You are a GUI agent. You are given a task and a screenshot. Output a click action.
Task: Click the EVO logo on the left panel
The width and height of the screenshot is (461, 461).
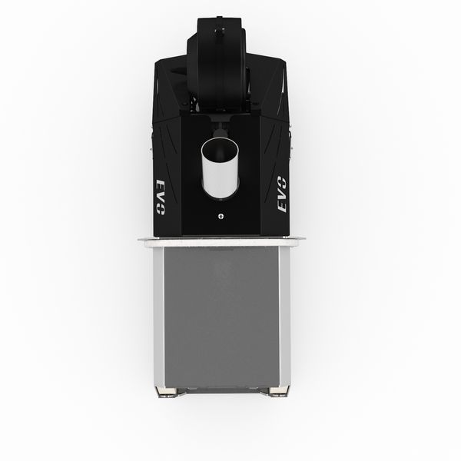tap(161, 197)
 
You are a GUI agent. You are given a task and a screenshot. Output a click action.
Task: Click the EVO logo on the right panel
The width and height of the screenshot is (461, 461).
tap(283, 194)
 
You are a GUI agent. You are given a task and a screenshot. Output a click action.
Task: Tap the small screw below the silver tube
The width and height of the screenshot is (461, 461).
tap(221, 217)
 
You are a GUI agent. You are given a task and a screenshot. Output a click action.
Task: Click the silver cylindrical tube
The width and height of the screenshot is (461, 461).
tap(221, 167)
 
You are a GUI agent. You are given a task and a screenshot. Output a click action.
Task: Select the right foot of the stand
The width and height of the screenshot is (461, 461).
tap(278, 392)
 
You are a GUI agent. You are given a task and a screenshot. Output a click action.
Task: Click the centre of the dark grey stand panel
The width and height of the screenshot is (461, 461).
tap(221, 317)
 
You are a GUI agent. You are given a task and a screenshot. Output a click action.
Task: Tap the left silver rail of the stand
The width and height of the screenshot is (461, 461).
tap(158, 317)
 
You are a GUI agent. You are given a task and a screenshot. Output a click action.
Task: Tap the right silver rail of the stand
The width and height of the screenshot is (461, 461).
tap(284, 317)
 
